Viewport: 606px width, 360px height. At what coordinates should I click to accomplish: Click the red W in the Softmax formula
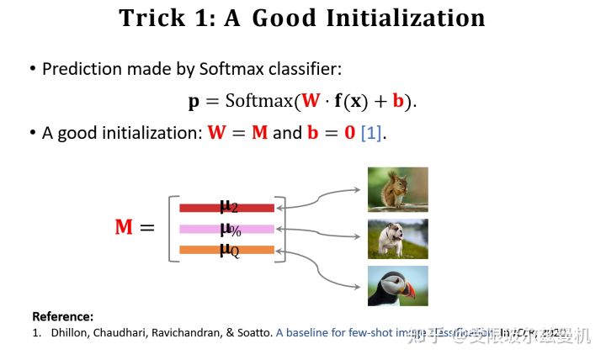click(x=311, y=101)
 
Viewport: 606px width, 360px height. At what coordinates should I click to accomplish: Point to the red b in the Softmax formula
click(x=399, y=101)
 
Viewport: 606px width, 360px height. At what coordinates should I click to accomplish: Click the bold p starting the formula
click(x=194, y=103)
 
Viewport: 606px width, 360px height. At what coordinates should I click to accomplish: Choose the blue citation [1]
click(x=371, y=133)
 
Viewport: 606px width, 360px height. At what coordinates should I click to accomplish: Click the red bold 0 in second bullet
click(x=349, y=133)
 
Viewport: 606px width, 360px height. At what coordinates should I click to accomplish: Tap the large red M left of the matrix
click(x=124, y=227)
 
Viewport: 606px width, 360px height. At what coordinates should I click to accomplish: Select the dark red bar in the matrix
click(x=226, y=208)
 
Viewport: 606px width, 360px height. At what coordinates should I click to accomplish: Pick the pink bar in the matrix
click(x=226, y=229)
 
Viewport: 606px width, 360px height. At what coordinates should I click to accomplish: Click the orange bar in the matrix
click(x=226, y=250)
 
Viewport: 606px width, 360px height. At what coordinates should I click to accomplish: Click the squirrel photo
click(x=397, y=188)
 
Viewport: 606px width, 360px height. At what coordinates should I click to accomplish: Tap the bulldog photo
click(x=397, y=239)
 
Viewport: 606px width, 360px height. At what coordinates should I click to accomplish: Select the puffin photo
click(x=397, y=287)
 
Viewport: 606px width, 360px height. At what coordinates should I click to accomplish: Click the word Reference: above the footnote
click(x=62, y=317)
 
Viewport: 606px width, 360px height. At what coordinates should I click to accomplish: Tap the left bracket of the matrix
click(x=173, y=228)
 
